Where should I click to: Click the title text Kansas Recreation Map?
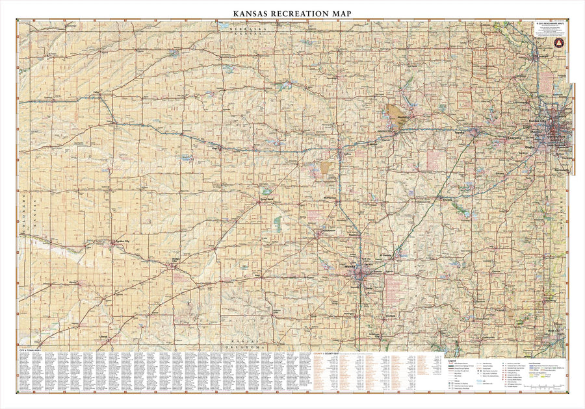tap(292, 12)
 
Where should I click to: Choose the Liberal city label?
tap(104, 337)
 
